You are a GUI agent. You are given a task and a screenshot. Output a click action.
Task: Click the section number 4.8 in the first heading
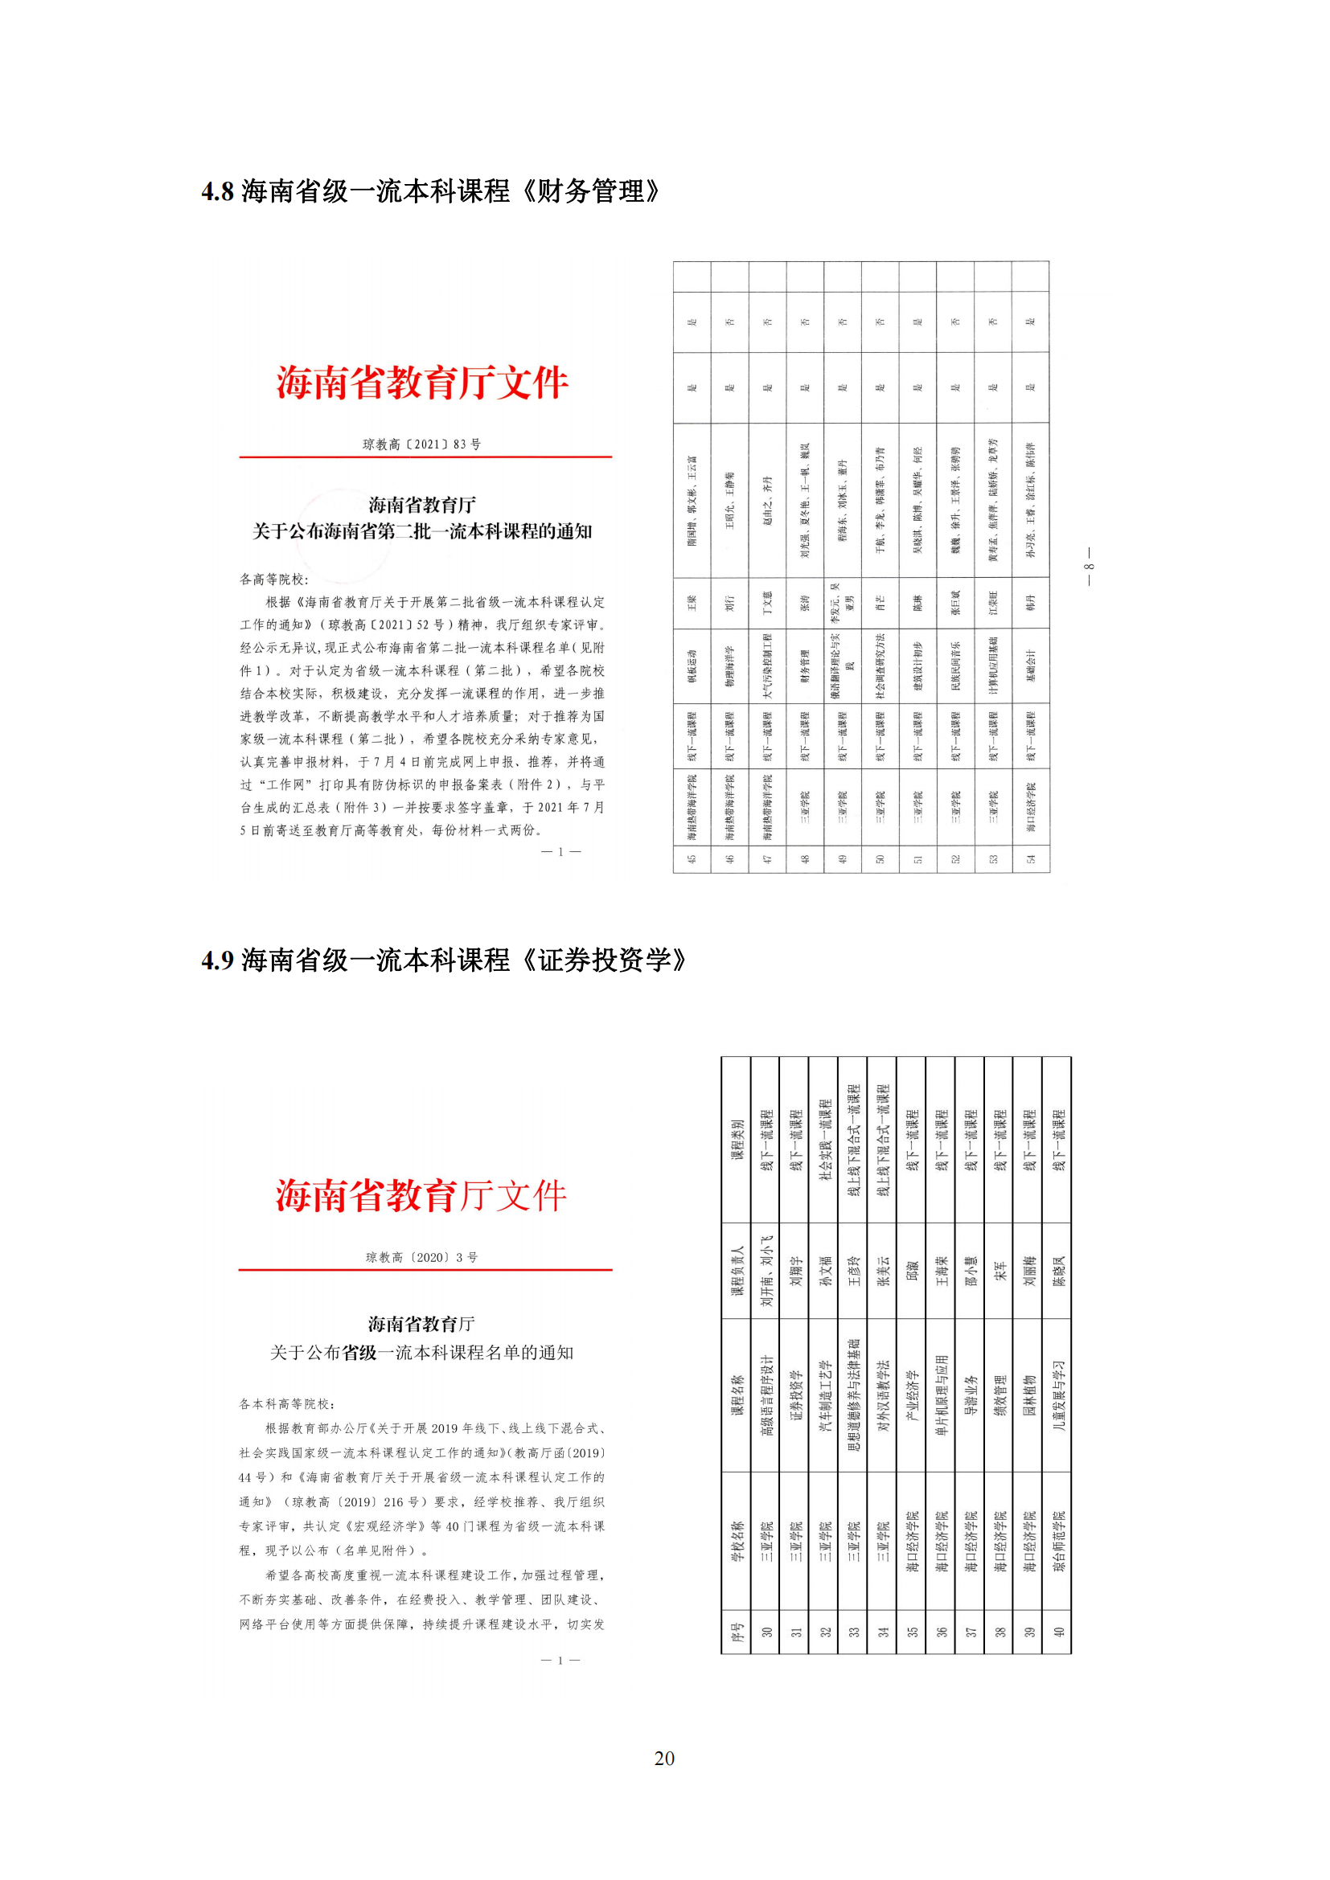click(217, 192)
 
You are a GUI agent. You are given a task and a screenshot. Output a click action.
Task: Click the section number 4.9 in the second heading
click(217, 960)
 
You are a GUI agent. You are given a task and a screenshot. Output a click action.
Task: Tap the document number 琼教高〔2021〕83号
click(422, 444)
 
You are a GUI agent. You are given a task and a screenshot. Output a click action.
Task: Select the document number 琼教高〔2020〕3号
click(422, 1257)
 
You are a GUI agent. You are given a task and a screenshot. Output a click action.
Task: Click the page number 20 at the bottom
click(664, 1758)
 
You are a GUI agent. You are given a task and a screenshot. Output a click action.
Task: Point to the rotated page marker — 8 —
click(1089, 567)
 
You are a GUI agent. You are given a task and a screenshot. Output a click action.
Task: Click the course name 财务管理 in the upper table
click(804, 666)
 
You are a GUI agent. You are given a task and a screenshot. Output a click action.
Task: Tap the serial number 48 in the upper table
click(804, 859)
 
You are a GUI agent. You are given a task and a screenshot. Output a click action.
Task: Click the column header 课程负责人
click(737, 1270)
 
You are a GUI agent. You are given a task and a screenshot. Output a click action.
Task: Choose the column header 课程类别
click(737, 1139)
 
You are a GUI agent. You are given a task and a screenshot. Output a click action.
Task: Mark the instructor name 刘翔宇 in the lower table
click(794, 1270)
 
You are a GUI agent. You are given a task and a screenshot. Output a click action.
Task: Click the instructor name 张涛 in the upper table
click(804, 604)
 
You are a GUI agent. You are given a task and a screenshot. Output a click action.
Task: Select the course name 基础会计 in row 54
click(1030, 666)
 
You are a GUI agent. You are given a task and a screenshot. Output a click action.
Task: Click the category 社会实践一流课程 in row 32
click(825, 1139)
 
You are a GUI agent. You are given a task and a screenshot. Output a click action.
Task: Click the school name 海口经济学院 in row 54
click(1030, 806)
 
